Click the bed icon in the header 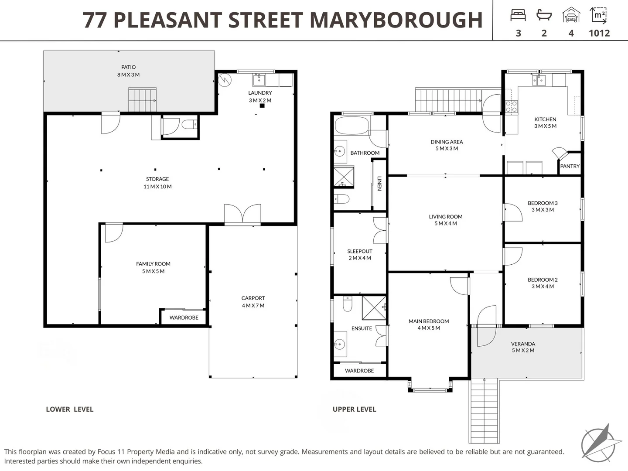pos(518,16)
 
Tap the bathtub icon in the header pos(544,16)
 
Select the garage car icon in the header pos(571,15)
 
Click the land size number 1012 pos(599,33)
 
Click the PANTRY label pos(570,166)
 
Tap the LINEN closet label pos(379,183)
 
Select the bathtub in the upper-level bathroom pos(352,125)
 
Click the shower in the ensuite pos(374,307)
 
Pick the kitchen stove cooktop pos(511,106)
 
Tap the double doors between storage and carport pos(242,215)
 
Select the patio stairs pos(142,100)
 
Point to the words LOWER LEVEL pos(70,409)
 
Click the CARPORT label pos(253,298)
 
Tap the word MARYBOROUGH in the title pos(396,20)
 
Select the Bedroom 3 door pos(513,212)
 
